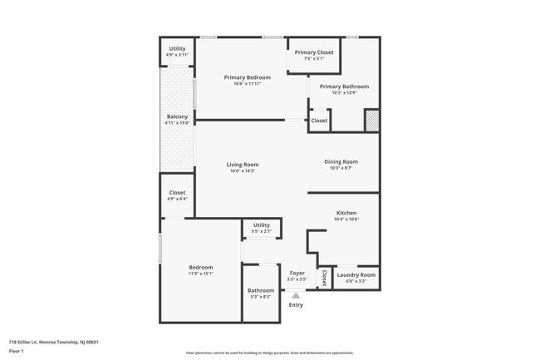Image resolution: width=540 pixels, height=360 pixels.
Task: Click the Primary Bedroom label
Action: [x=247, y=77]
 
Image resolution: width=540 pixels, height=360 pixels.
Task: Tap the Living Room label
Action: [x=242, y=165]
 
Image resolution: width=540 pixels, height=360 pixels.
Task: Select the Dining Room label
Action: [x=341, y=161]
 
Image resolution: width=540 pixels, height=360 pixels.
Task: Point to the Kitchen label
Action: [x=346, y=213]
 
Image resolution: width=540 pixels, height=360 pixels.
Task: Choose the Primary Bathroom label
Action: [x=344, y=86]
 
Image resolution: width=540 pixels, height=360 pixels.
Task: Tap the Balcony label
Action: [x=177, y=116]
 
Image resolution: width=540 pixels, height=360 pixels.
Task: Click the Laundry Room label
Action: [x=356, y=274]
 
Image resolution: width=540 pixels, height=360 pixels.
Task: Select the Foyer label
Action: [x=297, y=273]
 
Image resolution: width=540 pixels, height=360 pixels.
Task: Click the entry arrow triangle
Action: [x=295, y=294]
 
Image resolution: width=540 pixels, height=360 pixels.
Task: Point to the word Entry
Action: [x=296, y=305]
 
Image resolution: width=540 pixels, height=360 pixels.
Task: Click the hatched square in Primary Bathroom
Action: [x=371, y=121]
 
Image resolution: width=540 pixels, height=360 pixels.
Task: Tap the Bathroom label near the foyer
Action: [x=260, y=290]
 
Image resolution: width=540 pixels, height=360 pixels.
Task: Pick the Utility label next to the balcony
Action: [x=177, y=48]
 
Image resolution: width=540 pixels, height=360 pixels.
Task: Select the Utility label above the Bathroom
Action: [x=261, y=224]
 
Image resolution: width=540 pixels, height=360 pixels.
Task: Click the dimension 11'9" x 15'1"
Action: [x=200, y=274]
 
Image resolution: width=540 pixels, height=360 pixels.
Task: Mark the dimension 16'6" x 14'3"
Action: [x=242, y=171]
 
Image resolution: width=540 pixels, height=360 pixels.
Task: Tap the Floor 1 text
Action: [x=17, y=351]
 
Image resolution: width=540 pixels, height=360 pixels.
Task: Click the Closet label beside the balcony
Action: [x=177, y=192]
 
